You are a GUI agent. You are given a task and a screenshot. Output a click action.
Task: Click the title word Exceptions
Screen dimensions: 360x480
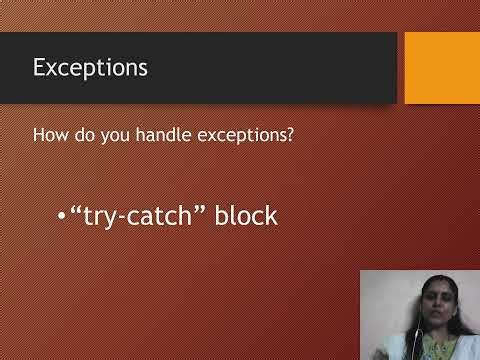(90, 68)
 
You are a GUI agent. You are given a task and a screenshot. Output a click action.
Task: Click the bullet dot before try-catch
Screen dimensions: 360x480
(62, 215)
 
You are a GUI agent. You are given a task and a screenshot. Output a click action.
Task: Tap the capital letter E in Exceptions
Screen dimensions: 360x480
(40, 68)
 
